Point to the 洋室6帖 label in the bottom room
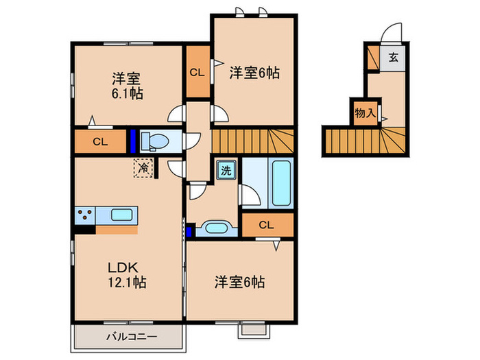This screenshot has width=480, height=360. pos(240,281)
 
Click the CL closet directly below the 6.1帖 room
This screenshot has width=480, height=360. pos(100,142)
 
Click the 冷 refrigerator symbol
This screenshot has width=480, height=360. pos(143,167)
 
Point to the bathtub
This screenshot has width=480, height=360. pos(280,183)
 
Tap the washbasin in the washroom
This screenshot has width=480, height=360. pos(217,228)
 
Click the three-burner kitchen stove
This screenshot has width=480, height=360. pos(86,215)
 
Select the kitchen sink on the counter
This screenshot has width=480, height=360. pos(123,214)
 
